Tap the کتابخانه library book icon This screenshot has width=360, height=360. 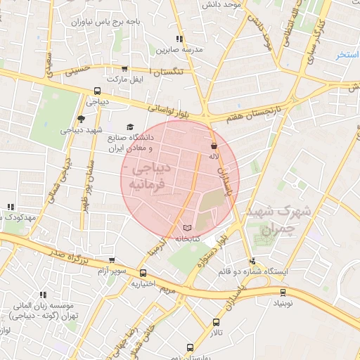tap(186, 229)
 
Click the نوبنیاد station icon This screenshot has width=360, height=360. tap(283, 292)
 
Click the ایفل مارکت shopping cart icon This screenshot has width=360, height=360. tap(124, 69)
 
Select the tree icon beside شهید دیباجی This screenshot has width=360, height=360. tap(81, 119)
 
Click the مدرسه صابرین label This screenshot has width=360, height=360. tap(184, 50)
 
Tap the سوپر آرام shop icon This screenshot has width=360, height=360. tap(111, 259)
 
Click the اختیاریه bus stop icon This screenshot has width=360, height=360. tap(143, 274)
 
